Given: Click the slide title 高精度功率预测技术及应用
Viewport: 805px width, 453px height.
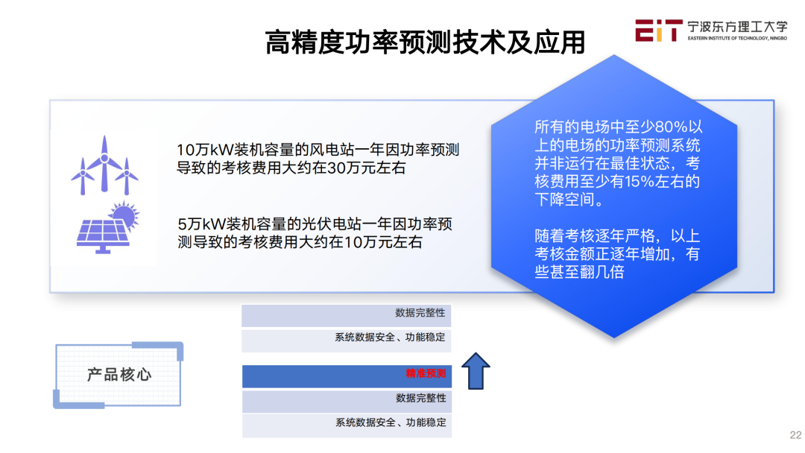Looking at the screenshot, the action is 425,42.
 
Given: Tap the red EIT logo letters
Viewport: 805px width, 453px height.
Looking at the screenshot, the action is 659,31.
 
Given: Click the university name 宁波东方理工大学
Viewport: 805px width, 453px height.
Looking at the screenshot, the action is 737,27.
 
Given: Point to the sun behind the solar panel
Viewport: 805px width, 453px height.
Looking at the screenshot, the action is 124,215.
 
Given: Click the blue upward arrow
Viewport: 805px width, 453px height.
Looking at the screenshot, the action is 476,370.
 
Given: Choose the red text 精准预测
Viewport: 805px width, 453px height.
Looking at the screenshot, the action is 426,373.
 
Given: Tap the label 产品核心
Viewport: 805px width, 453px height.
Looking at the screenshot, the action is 119,375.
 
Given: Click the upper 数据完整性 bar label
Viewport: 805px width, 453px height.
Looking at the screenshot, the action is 420,313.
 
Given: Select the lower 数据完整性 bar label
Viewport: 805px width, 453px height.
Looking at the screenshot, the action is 421,398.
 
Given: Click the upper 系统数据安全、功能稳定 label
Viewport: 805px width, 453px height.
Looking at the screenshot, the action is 390,338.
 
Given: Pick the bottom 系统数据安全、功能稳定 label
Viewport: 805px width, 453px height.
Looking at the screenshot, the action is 391,422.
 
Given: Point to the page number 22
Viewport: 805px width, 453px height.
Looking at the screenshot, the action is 795,435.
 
